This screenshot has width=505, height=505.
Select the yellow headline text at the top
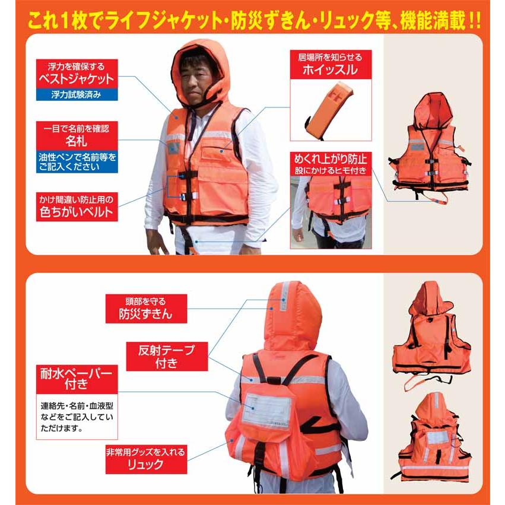pyautogui.click(x=252, y=22)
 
